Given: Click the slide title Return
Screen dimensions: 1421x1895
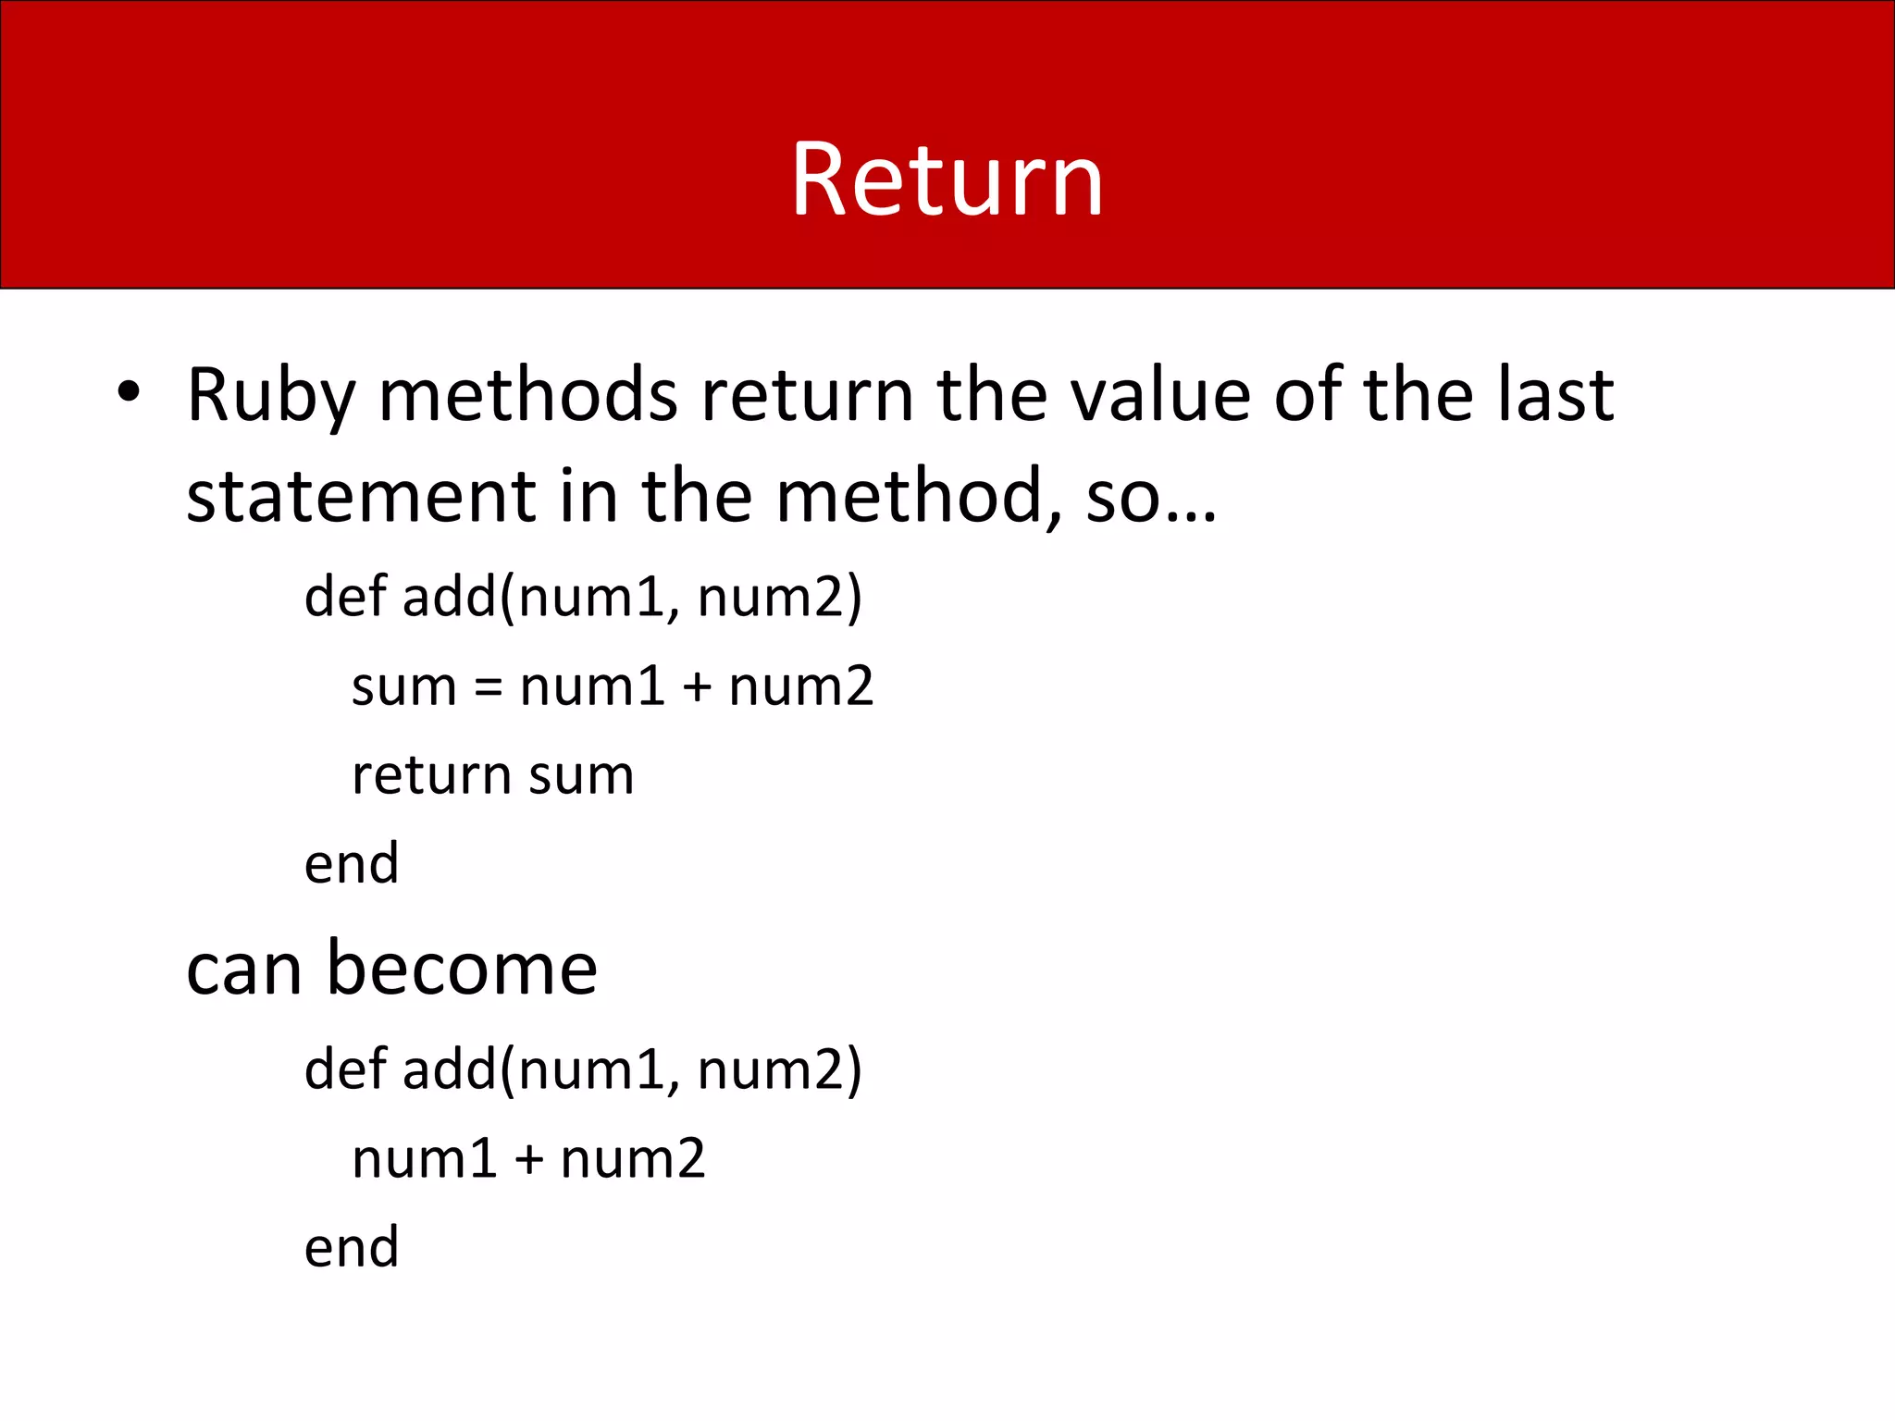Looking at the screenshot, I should click(947, 179).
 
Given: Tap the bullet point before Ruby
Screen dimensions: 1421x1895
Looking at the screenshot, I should click(129, 392).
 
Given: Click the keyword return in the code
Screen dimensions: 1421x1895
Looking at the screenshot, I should click(431, 775).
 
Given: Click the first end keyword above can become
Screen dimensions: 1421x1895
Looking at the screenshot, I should click(352, 864).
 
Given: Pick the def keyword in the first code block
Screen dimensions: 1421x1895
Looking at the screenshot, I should click(345, 596).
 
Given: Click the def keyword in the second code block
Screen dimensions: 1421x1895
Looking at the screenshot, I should click(345, 1069).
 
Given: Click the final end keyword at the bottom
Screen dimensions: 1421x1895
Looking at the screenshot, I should click(352, 1247).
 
